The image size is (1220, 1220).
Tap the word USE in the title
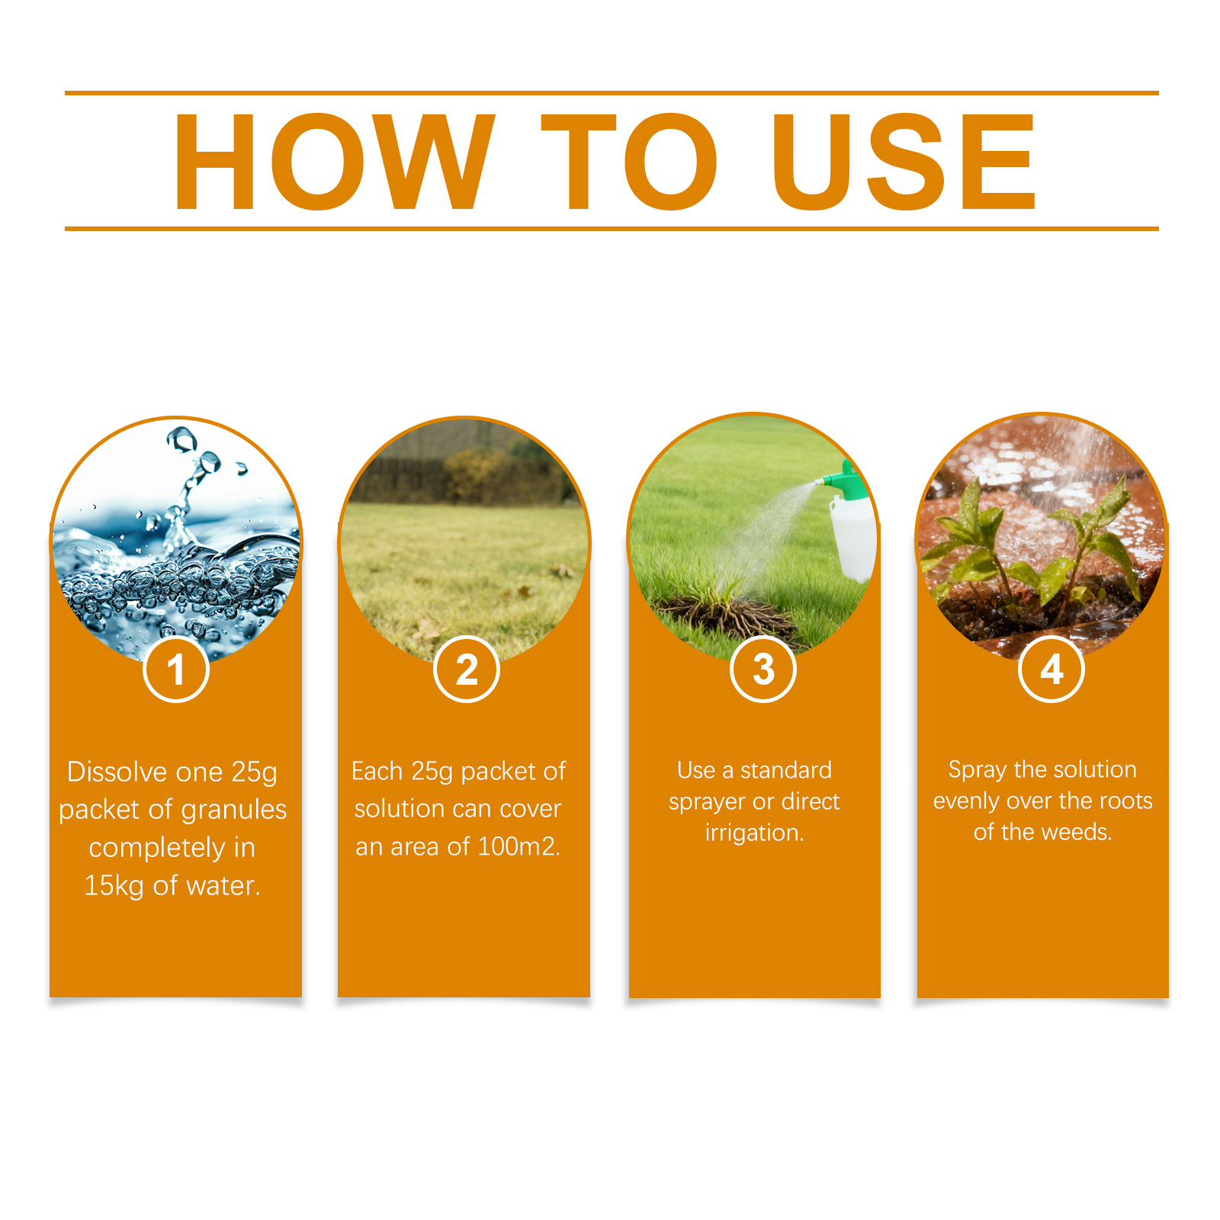(904, 161)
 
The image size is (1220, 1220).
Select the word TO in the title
(629, 161)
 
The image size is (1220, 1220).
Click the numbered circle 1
(176, 669)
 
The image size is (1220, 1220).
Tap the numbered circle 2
(467, 669)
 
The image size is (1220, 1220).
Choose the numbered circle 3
(763, 669)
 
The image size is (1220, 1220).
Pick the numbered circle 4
(1051, 669)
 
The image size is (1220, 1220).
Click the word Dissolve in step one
(117, 772)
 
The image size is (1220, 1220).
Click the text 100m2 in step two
(518, 846)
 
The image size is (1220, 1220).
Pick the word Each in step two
(377, 771)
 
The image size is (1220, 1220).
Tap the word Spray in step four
(978, 770)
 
